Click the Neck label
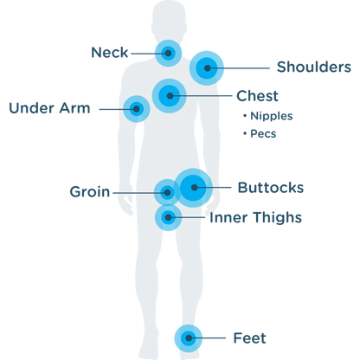coord(109,53)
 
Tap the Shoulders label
coord(314,67)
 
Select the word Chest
coord(257,96)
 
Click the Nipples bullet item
coord(268,116)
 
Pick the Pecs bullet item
coord(260,133)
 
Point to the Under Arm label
coord(49,108)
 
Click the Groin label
coord(90,192)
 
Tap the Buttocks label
coord(271,188)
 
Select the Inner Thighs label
coord(255,217)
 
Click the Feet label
coord(249,338)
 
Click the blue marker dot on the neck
coord(168,53)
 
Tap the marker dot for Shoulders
coord(207,68)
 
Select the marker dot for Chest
coord(170,96)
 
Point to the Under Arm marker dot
coord(137,109)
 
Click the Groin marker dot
coord(167,192)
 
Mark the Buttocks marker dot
coord(194,188)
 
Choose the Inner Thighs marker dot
coord(168,217)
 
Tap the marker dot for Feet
coord(189,338)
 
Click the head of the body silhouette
coord(169,20)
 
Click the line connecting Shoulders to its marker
coord(238,68)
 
